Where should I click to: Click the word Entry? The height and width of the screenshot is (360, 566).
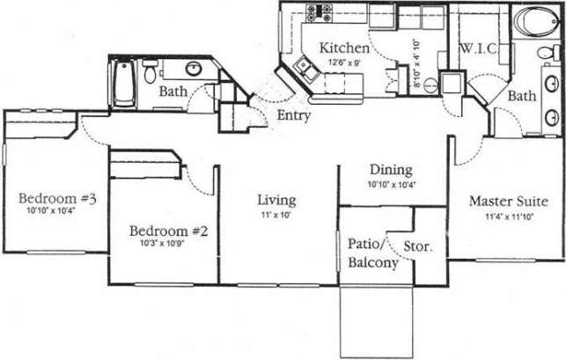(292, 115)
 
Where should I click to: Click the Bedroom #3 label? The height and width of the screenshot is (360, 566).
(56, 199)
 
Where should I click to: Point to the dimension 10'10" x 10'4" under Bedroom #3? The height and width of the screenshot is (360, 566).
(52, 212)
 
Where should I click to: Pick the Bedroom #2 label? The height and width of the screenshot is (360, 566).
(168, 231)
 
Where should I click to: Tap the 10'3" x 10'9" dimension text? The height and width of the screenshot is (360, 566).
(168, 245)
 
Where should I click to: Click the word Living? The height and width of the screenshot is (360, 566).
(276, 200)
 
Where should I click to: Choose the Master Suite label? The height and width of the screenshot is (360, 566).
(509, 201)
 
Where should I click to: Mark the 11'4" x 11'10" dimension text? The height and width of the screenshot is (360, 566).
(509, 216)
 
